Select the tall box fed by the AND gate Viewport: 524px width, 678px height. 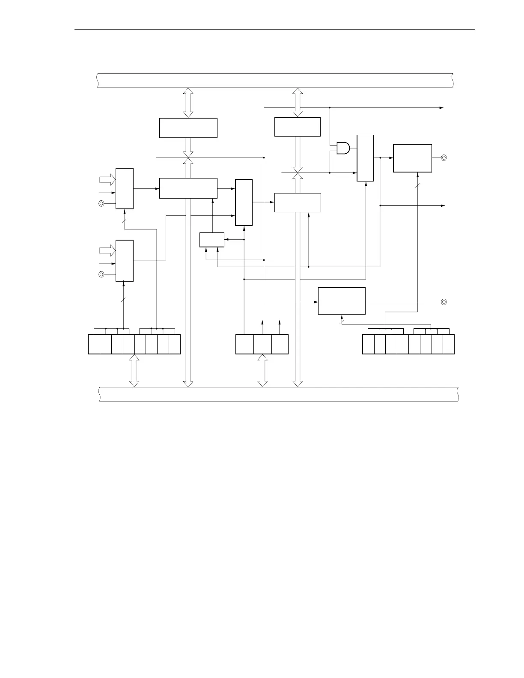coord(365,158)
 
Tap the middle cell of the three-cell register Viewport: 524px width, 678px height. coord(262,344)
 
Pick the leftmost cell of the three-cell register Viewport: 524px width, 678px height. coord(244,344)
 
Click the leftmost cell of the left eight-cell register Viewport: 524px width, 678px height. coord(94,344)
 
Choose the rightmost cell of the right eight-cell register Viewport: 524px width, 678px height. coord(448,344)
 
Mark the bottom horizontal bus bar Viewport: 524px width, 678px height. coord(278,394)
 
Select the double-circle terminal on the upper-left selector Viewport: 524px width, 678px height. coord(101,203)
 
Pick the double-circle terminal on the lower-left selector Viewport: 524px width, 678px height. coord(101,274)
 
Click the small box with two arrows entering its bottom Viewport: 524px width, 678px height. coord(212,240)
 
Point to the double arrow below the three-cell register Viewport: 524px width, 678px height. coord(262,371)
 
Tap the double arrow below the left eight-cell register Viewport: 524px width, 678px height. coord(134,371)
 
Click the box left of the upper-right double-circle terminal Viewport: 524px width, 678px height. coord(412,158)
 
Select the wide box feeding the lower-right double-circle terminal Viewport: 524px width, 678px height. coord(342,301)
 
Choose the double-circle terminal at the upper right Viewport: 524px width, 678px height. coord(444,158)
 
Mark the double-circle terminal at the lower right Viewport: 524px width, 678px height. coord(444,302)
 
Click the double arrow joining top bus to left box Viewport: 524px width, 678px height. coord(188,102)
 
